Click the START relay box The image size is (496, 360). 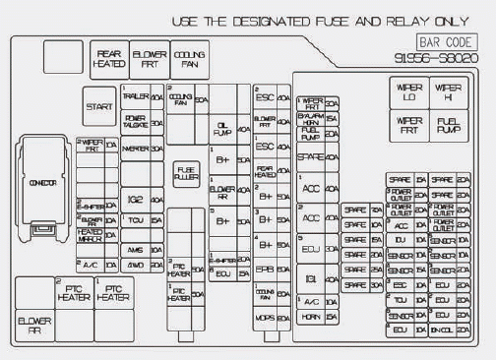point(99,106)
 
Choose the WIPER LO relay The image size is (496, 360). point(408,92)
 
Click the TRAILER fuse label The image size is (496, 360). point(136,97)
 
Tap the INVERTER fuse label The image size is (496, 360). point(136,149)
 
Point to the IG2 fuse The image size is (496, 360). point(135,199)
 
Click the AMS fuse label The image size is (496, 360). point(135,250)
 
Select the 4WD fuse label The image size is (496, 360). point(135,266)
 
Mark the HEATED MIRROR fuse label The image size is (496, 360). point(90,236)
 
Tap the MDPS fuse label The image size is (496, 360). point(264,319)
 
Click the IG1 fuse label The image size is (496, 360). point(311,280)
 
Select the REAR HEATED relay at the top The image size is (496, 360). point(108,58)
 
